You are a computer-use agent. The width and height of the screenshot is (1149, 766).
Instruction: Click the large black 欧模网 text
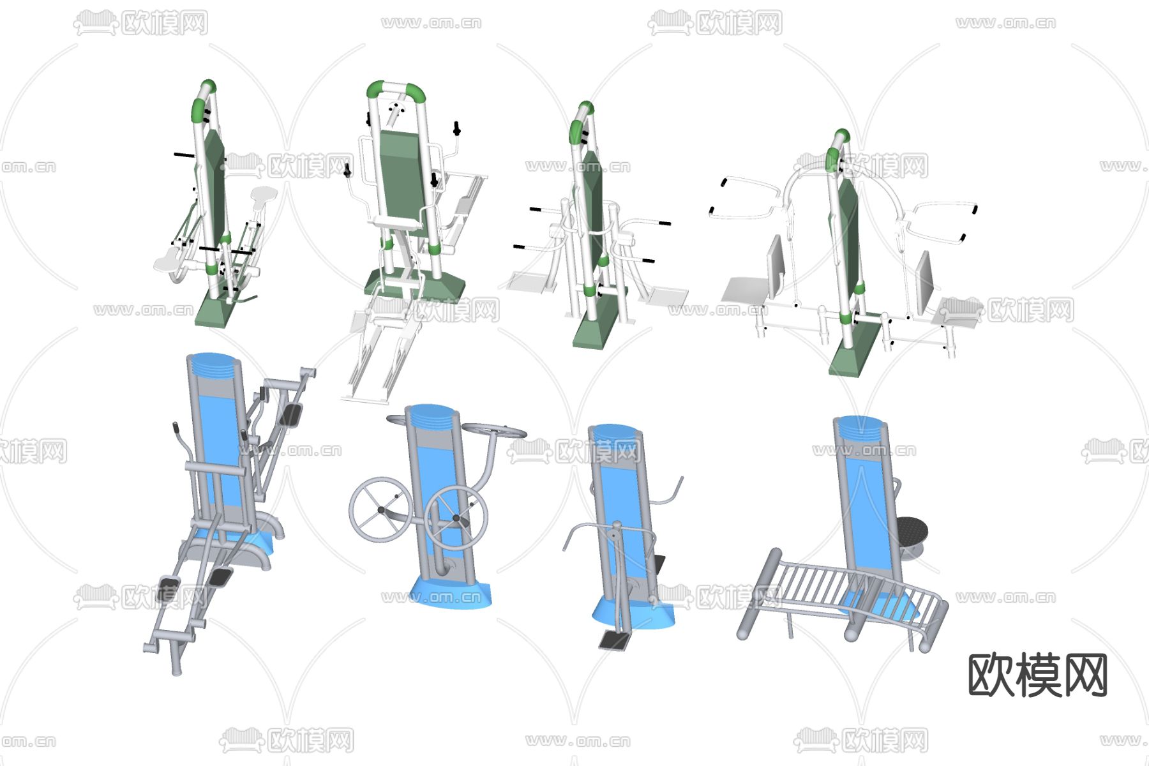1038,675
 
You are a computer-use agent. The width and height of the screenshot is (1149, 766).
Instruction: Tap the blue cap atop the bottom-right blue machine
860,428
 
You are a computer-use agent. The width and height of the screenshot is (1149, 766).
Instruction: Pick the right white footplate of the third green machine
666,296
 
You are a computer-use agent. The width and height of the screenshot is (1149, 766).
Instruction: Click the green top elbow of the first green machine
203,100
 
